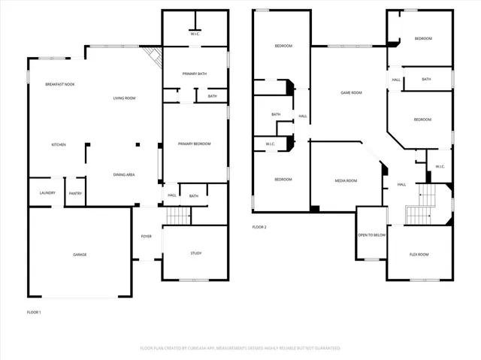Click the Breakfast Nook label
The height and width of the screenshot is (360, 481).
(x=59, y=84)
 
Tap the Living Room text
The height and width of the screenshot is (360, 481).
(x=124, y=98)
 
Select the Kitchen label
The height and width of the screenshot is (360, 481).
(x=59, y=144)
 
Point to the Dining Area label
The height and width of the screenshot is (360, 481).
(x=124, y=174)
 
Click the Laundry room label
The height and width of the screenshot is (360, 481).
(x=47, y=193)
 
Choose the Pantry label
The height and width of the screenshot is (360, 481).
(x=75, y=193)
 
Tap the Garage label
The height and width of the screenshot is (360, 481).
(x=80, y=255)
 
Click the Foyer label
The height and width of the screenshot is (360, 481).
(x=147, y=236)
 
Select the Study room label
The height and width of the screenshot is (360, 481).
(x=195, y=253)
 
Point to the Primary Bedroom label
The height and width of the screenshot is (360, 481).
(x=193, y=144)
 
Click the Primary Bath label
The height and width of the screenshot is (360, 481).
(x=195, y=74)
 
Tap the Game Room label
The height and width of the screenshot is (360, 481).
(x=351, y=92)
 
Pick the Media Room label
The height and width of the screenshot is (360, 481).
(x=346, y=180)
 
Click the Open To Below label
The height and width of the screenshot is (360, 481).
(x=371, y=234)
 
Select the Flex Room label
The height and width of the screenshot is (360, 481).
(x=419, y=255)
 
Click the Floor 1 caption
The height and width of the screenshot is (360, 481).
(x=34, y=312)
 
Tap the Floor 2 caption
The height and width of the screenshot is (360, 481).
(x=259, y=226)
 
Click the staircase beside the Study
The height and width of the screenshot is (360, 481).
(x=178, y=216)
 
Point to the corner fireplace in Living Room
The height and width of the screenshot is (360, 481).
(x=154, y=57)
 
